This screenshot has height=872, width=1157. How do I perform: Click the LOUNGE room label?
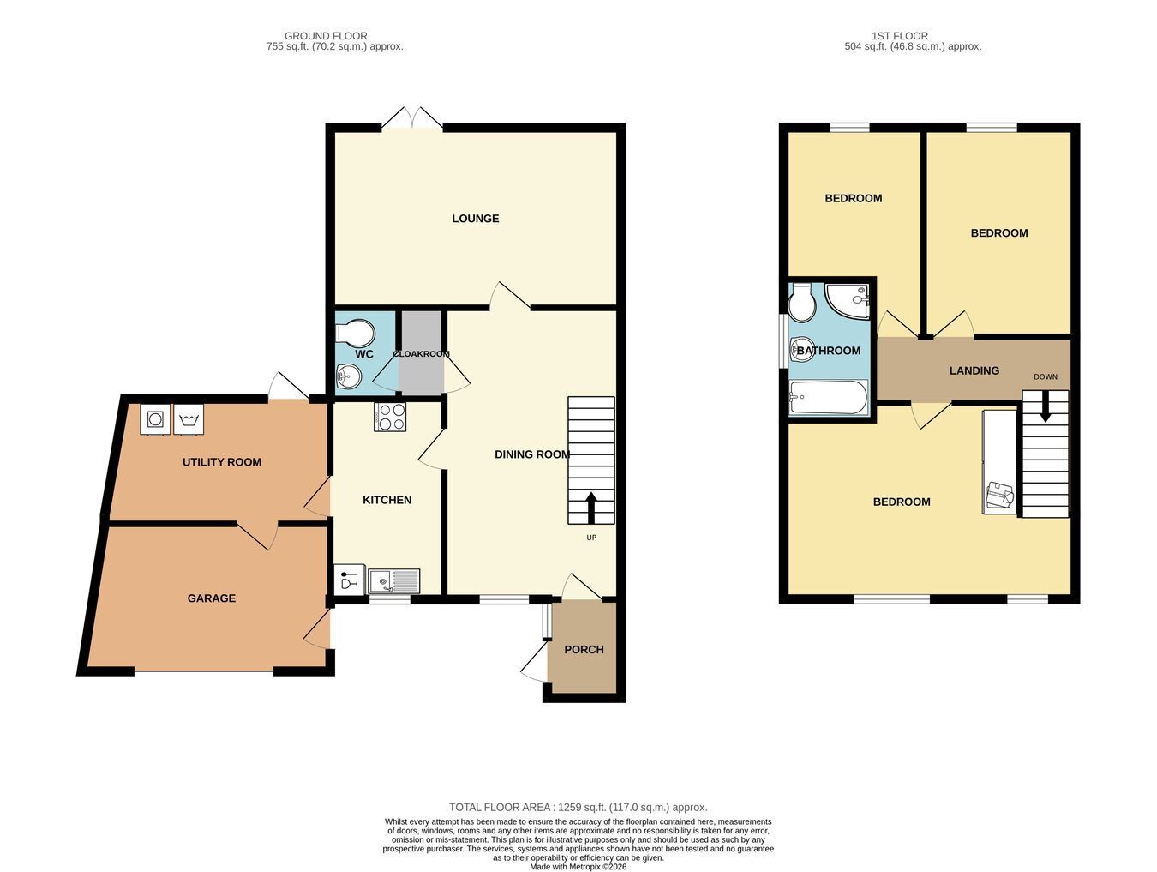(x=475, y=219)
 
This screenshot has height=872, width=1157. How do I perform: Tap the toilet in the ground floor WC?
(x=356, y=332)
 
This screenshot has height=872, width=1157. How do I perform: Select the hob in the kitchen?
(x=390, y=417)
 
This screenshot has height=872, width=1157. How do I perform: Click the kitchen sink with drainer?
(x=393, y=581)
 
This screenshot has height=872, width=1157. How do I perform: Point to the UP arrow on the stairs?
(x=590, y=508)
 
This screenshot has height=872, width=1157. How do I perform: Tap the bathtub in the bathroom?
(x=828, y=397)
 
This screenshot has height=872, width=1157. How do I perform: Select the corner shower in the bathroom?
(x=848, y=301)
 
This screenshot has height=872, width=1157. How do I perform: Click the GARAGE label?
(x=212, y=598)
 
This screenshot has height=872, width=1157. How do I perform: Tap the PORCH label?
(x=584, y=650)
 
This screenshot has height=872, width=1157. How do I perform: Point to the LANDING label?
(x=974, y=370)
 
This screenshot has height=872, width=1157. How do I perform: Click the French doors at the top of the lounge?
(x=411, y=118)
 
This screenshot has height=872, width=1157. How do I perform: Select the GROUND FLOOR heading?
(x=326, y=36)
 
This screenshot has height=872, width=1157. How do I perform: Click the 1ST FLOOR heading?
(x=899, y=36)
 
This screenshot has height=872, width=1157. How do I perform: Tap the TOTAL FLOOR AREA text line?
(x=578, y=807)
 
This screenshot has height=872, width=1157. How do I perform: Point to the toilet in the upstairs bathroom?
(x=801, y=304)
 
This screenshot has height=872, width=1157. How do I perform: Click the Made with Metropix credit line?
(x=578, y=867)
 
